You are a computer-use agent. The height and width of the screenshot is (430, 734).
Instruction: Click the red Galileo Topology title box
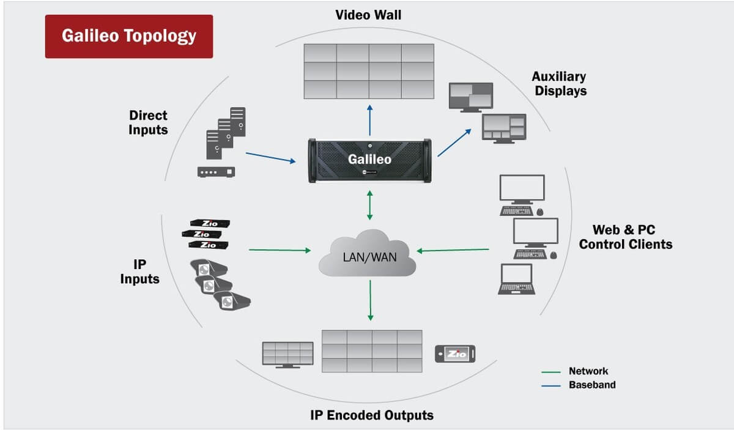[x=128, y=36]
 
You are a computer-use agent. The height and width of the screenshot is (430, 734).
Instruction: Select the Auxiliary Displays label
[x=558, y=84]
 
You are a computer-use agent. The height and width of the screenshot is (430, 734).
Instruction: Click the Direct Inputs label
[x=148, y=122]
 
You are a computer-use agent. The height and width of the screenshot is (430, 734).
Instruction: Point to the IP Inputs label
[x=139, y=270]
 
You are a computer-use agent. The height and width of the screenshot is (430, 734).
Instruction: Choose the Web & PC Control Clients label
[x=625, y=237]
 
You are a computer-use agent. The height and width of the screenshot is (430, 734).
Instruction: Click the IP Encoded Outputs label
[x=371, y=415]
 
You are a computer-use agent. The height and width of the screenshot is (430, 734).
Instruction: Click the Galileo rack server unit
[x=369, y=160]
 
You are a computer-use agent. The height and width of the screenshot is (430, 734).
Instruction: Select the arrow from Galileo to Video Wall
[x=369, y=119]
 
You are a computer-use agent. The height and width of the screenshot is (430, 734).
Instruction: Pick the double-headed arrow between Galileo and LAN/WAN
[x=369, y=206]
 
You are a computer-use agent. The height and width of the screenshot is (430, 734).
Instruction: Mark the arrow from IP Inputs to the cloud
[x=280, y=250]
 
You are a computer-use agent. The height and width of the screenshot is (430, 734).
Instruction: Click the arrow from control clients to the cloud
[x=453, y=250]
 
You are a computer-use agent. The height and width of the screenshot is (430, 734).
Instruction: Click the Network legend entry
[x=588, y=371]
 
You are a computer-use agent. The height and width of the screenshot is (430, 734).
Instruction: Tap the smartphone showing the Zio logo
[x=454, y=354]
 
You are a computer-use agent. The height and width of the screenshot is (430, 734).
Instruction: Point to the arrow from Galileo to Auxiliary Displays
[x=454, y=143]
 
